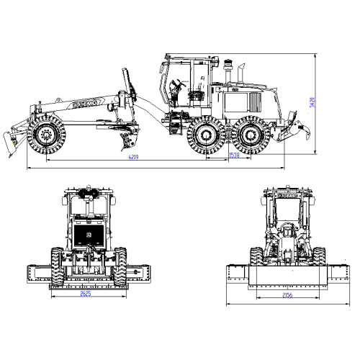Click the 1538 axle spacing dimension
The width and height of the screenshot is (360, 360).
pyautogui.click(x=234, y=156)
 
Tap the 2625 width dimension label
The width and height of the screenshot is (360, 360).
pyautogui.click(x=86, y=294)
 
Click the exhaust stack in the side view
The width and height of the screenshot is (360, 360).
pyautogui.click(x=229, y=73)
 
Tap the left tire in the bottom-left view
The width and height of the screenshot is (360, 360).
pyautogui.click(x=58, y=264)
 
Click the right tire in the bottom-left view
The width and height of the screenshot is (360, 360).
pyautogui.click(x=120, y=264)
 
